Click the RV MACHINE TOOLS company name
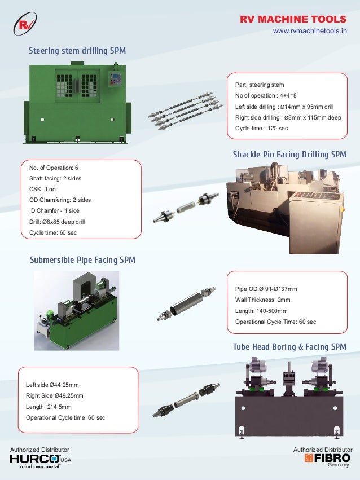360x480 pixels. click(293, 20)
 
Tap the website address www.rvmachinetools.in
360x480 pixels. click(310, 32)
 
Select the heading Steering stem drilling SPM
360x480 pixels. click(77, 51)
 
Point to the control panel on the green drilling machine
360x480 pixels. click(117, 80)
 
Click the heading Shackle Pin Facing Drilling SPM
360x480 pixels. click(289, 155)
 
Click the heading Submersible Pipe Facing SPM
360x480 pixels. click(82, 260)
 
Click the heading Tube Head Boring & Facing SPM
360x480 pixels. click(289, 346)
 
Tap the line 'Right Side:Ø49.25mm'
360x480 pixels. click(55, 395)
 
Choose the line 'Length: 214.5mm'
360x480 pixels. click(49, 406)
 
